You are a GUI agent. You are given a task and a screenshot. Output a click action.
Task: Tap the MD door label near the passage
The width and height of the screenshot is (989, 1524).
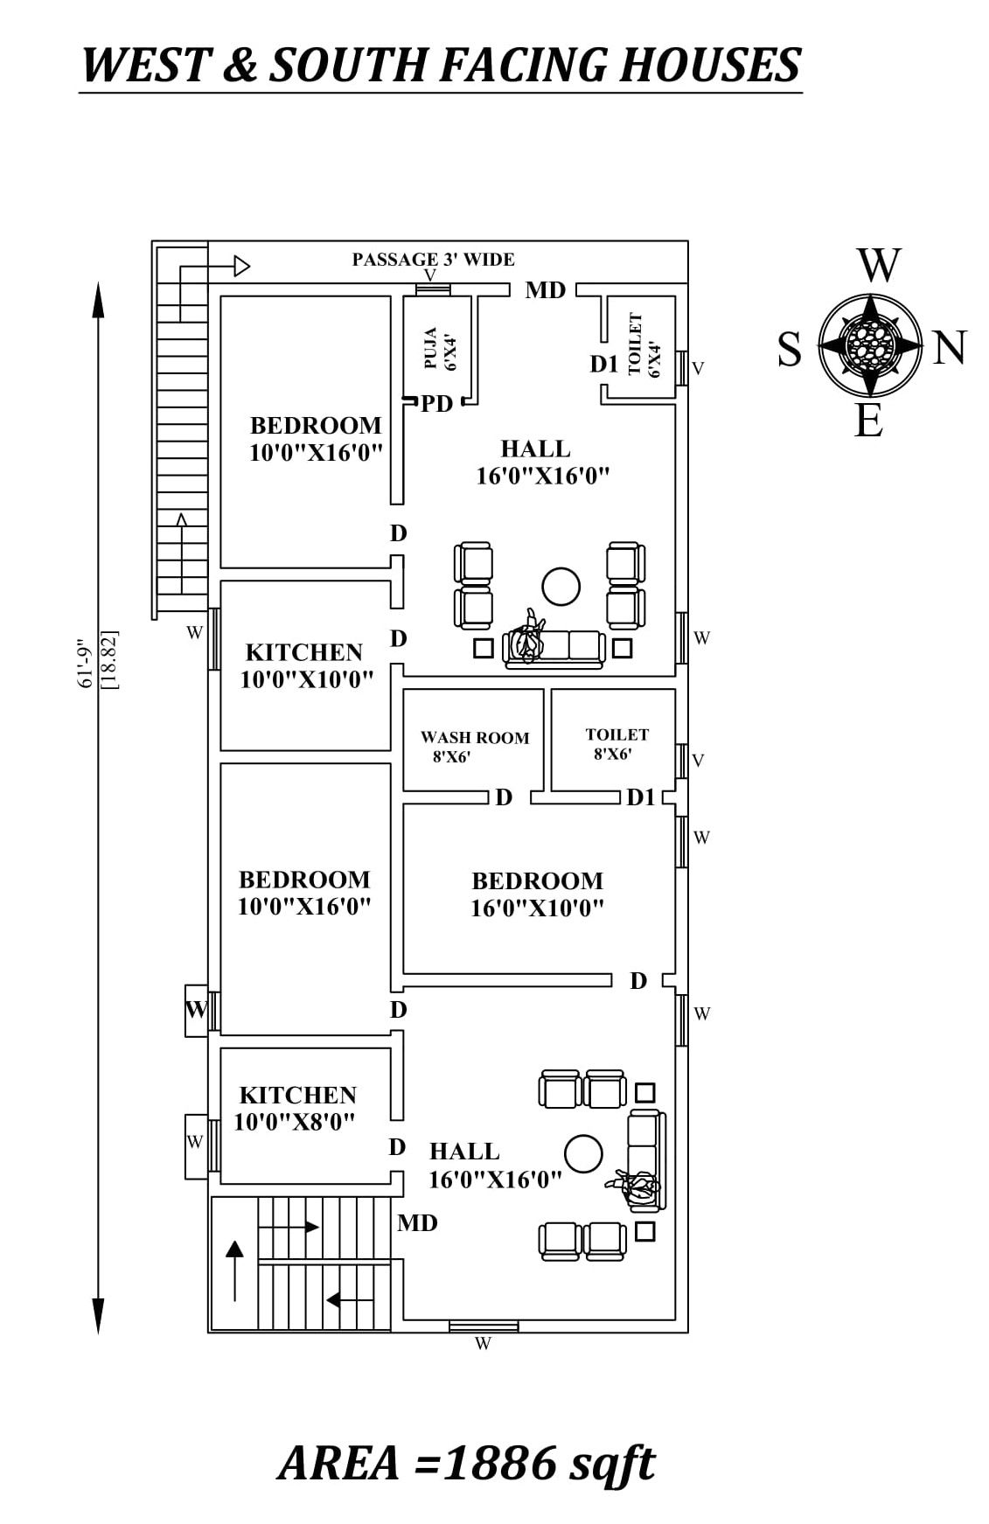[x=545, y=290]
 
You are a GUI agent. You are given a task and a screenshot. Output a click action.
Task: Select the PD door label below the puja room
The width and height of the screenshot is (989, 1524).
[x=436, y=404]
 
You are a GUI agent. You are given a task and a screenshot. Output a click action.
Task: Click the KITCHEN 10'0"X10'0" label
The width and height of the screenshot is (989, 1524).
[x=306, y=665]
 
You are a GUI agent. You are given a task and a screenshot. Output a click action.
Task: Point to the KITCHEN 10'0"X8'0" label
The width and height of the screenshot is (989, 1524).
[x=296, y=1108]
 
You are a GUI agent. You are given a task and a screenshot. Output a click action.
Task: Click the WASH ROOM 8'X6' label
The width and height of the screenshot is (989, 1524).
[x=473, y=747]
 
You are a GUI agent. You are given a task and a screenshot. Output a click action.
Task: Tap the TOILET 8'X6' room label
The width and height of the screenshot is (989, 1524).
[x=616, y=743]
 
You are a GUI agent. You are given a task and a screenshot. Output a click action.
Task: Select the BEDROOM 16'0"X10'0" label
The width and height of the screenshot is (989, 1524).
[x=537, y=894]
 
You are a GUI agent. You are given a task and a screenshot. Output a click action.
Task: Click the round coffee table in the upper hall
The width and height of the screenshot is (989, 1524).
[x=561, y=587]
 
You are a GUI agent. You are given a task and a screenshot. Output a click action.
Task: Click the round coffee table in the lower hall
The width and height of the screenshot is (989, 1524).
[x=583, y=1154]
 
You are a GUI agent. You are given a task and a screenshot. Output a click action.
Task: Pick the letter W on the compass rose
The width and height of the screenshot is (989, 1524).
[x=878, y=266]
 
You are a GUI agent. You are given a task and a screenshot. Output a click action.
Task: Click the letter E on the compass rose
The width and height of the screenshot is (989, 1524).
[x=868, y=423]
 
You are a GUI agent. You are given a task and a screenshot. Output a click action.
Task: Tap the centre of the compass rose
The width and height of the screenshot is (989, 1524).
[x=871, y=344]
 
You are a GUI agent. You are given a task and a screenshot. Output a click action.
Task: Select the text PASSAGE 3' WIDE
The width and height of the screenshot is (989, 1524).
[x=433, y=259]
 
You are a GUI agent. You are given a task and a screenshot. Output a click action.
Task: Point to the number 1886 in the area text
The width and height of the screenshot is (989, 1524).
[x=499, y=1462]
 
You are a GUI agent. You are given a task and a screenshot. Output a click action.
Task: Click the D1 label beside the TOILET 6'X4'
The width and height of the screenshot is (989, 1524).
[x=603, y=365]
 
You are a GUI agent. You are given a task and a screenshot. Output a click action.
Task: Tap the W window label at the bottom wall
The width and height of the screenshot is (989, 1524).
[x=484, y=1344]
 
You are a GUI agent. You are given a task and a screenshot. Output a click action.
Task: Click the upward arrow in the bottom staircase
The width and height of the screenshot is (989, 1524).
[x=234, y=1268]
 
